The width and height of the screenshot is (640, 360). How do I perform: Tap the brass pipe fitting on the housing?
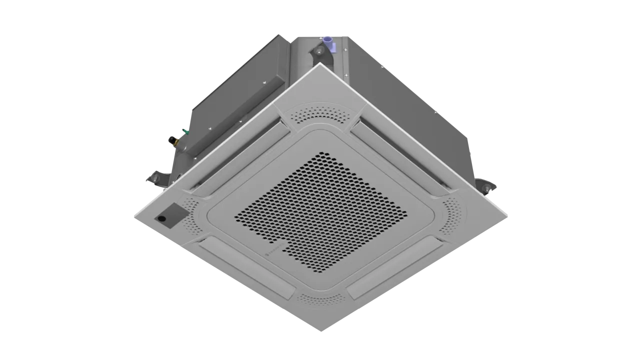174,142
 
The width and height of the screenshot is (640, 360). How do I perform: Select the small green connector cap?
185,131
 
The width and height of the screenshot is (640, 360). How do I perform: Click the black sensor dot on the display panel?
161,218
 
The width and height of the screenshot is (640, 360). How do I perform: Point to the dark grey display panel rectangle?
171,215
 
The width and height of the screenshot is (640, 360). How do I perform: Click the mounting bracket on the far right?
487,186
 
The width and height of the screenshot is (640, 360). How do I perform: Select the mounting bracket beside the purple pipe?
318,51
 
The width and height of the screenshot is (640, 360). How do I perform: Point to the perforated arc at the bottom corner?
320,298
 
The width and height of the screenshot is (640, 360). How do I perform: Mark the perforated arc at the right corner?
451,215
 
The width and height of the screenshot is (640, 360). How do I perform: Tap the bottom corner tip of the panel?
320,330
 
